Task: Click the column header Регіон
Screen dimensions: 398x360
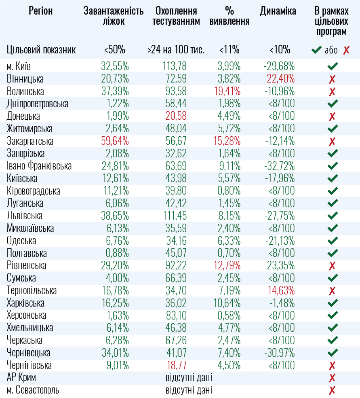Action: pos(41,11)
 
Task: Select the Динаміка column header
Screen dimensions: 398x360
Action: pos(278,11)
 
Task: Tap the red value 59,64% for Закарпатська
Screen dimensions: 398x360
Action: pos(115,142)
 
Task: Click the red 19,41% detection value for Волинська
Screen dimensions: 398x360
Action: pos(229,91)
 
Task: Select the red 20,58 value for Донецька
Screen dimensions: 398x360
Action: pos(176,116)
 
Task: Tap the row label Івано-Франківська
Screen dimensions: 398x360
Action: pos(39,166)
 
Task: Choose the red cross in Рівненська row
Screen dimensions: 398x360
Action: pos(332,266)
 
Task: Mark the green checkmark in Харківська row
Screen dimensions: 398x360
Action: pos(333,303)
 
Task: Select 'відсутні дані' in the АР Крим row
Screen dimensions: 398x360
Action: pos(189,378)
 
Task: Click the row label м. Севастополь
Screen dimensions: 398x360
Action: pos(33,391)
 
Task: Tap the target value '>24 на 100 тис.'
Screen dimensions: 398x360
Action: pos(176,50)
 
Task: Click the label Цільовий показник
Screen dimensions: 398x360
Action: pos(41,50)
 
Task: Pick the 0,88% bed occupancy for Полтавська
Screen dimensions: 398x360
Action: pos(116,254)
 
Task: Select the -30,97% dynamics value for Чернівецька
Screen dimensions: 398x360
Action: pos(279,353)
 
